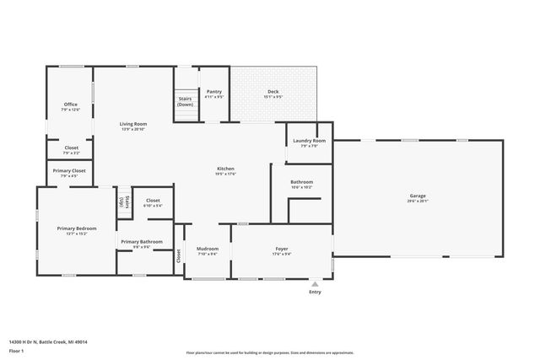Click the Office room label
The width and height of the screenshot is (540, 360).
[x=70, y=105]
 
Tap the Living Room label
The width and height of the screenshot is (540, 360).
[x=133, y=124]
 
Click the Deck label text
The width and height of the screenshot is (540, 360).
[x=273, y=91]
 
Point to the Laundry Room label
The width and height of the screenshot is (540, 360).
[x=309, y=141]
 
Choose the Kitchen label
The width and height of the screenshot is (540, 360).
[x=225, y=169]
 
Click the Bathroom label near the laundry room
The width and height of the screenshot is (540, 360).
[x=301, y=182]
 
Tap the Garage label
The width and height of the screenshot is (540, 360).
[x=418, y=196]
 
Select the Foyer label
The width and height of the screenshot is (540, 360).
[x=282, y=248]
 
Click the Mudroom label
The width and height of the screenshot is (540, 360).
[x=208, y=249]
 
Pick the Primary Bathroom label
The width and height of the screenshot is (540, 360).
[x=141, y=242]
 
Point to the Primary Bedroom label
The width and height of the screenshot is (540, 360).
[x=77, y=228]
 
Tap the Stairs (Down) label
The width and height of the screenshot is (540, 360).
[x=185, y=101]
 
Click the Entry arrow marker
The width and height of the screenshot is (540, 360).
[x=315, y=283]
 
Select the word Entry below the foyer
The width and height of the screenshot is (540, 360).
[x=315, y=292]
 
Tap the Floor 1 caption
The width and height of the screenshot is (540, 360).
[x=17, y=350]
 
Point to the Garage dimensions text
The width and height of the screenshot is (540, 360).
[x=418, y=201]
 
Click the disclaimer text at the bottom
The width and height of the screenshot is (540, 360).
[x=270, y=352]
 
